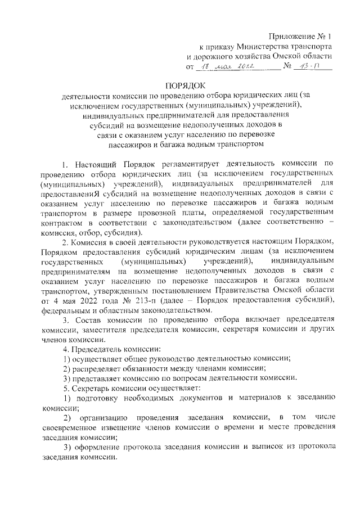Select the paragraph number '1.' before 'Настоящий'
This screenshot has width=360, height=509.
pos(65,164)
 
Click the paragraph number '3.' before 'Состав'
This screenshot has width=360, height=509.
pos(65,320)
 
